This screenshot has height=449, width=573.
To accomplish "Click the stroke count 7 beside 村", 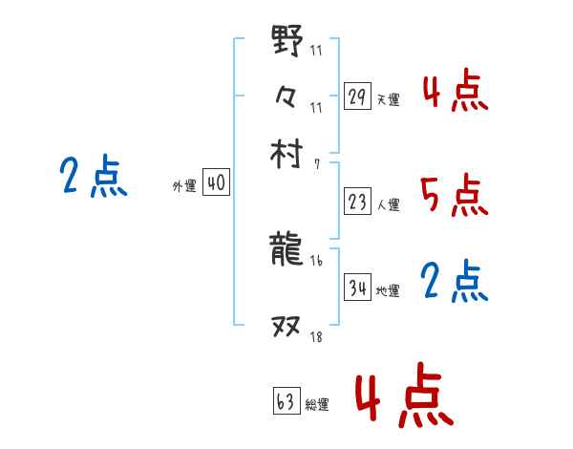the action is click(x=316, y=164).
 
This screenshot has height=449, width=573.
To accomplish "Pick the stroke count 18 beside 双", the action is click(x=316, y=336).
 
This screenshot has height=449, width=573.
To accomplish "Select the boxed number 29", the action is click(x=357, y=96).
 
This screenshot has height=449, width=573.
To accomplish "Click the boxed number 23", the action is click(x=357, y=203).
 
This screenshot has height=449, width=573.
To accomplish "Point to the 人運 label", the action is click(x=389, y=204).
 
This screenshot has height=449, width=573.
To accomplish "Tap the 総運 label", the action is click(x=317, y=404).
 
